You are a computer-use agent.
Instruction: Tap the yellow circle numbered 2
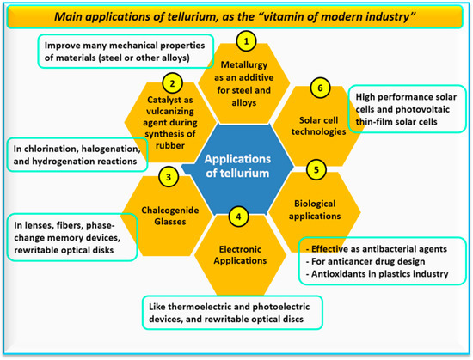pyautogui.click(x=174, y=83)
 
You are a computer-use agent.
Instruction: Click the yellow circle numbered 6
pyautogui.click(x=322, y=88)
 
